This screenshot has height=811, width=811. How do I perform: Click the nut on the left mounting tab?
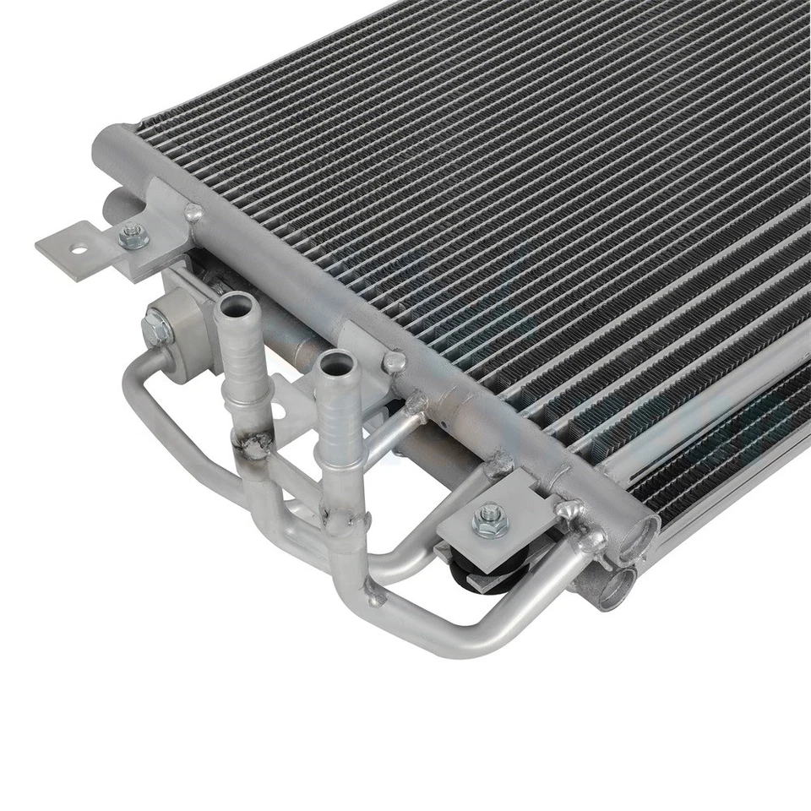coord(133,237)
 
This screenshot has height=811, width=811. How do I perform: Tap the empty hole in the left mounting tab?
coord(79,250)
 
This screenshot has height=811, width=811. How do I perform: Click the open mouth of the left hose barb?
coord(237,302)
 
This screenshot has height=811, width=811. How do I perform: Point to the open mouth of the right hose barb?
coord(335,359)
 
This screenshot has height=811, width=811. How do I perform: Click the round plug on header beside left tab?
coord(193,212)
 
